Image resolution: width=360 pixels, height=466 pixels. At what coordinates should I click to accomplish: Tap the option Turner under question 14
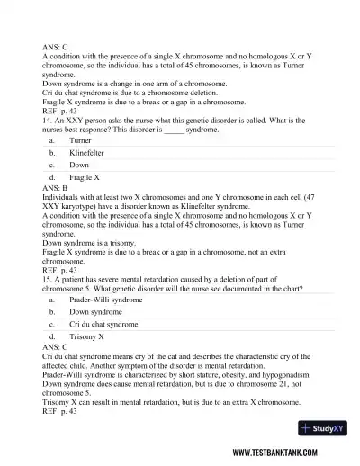(x=79, y=141)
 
